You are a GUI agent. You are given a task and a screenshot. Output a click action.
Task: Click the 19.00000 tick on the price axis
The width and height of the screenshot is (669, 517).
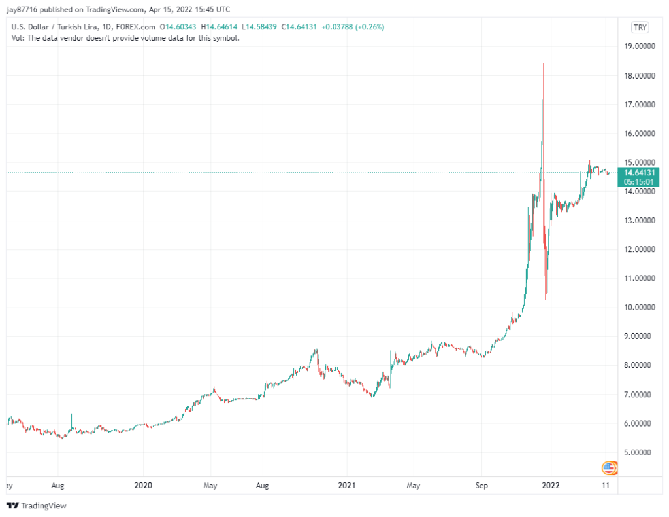640,46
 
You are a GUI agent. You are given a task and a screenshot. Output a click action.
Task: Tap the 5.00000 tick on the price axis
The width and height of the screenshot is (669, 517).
640,452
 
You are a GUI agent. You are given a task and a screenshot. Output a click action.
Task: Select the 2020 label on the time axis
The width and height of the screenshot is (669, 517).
142,486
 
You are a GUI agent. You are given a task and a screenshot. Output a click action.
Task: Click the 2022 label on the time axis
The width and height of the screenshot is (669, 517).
551,486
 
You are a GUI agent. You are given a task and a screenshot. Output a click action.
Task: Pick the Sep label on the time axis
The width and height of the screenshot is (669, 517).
481,486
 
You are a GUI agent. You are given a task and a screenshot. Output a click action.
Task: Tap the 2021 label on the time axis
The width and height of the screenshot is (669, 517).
346,486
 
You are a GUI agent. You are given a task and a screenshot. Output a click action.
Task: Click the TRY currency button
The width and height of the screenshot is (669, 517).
640,27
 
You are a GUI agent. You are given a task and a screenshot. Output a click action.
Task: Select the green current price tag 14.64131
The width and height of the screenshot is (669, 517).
640,173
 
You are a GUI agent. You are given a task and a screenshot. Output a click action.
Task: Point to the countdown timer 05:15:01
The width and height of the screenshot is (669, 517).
640,182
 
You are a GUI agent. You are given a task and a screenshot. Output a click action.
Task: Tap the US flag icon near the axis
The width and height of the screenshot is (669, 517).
609,468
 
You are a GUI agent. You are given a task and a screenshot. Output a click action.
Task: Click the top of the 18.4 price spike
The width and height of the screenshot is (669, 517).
544,63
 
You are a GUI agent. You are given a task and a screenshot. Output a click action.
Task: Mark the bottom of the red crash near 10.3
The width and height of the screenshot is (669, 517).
546,299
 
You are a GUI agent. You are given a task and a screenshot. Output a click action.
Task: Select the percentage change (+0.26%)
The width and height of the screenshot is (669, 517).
368,27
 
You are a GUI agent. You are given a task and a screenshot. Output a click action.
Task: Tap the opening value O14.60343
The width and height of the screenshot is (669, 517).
180,27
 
